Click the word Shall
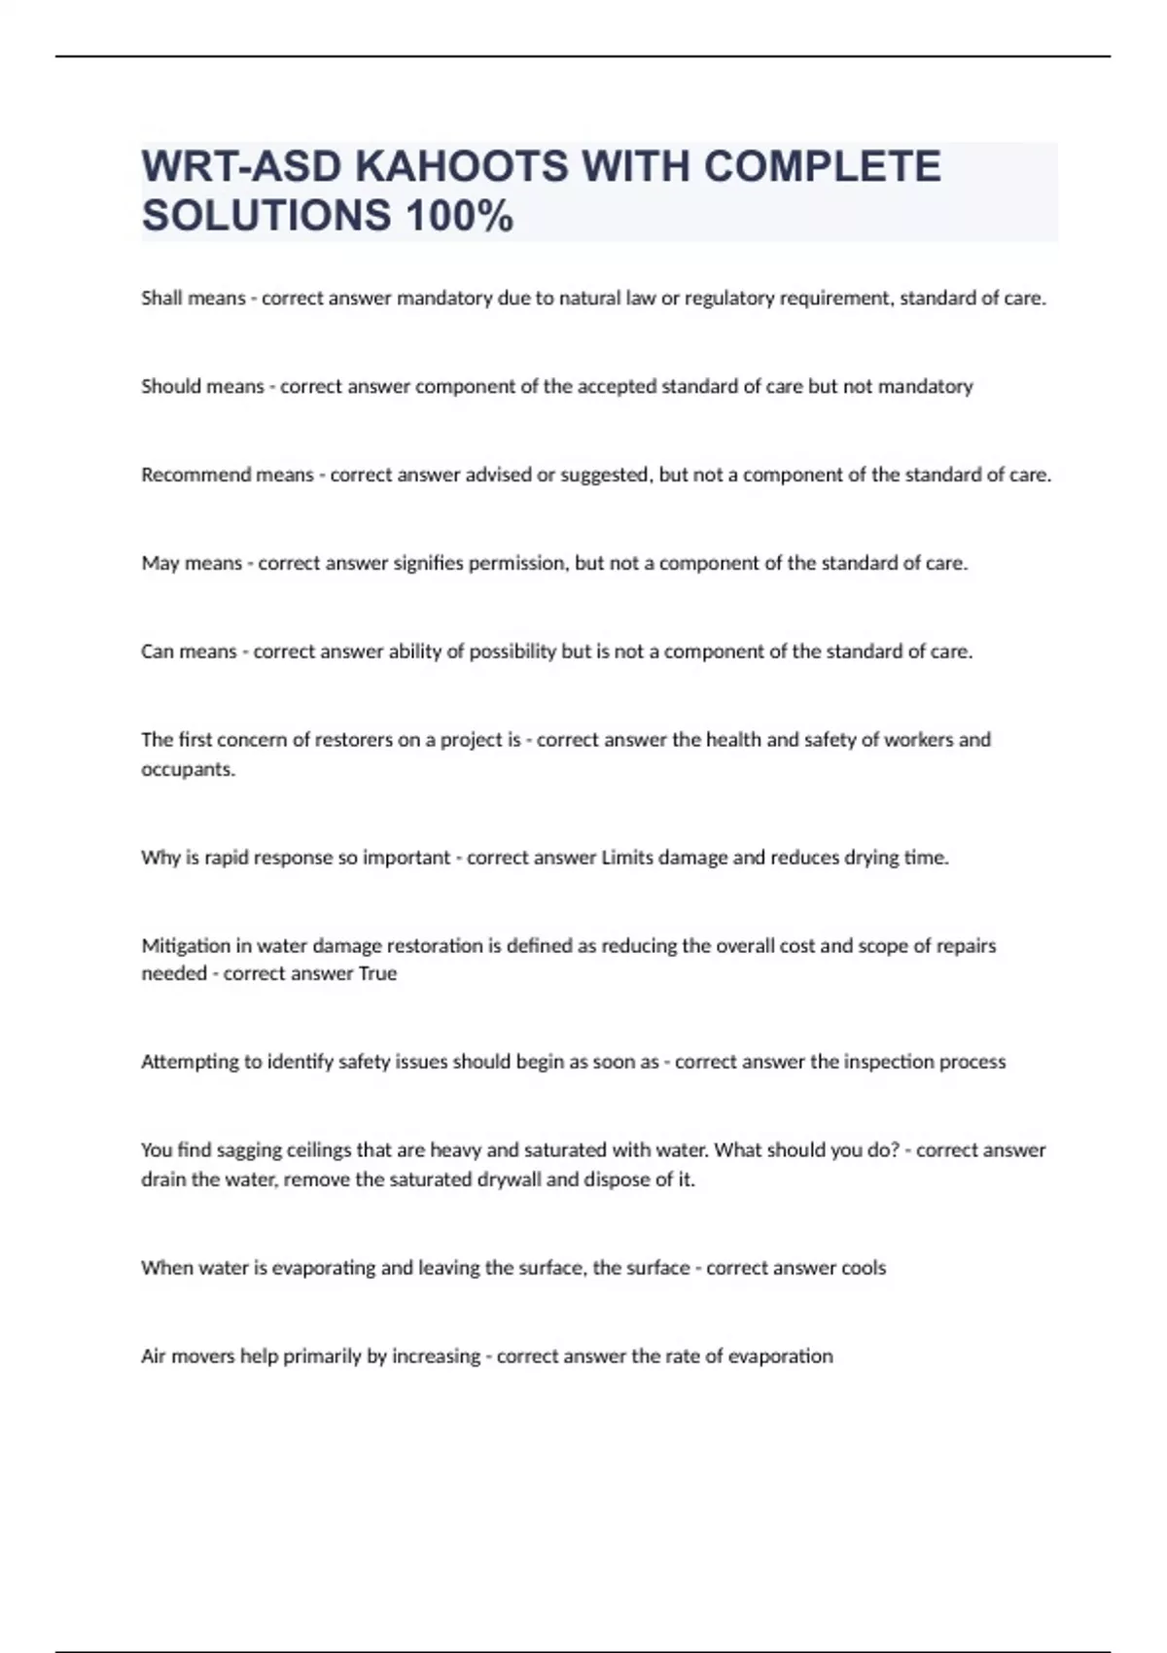click(161, 299)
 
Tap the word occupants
click(188, 769)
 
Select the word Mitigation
click(186, 946)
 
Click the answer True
click(377, 974)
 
